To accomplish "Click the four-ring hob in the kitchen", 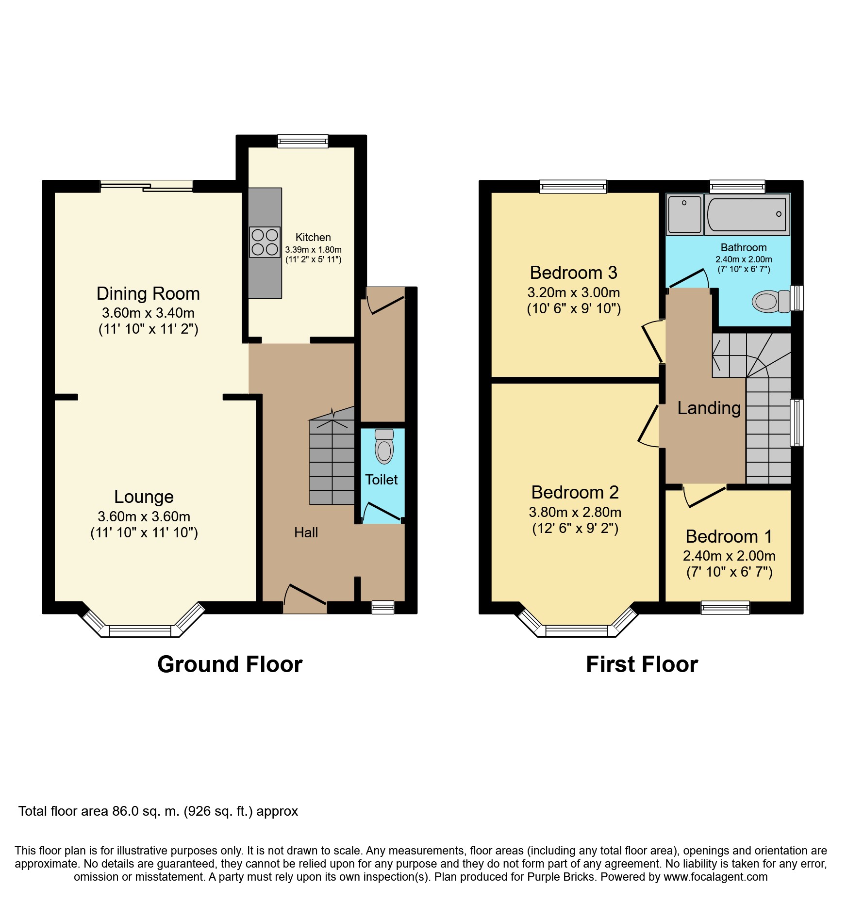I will (x=265, y=242).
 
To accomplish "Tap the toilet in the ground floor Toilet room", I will (x=384, y=446).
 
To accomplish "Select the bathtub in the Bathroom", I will (x=747, y=214).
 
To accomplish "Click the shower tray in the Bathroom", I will (x=684, y=214).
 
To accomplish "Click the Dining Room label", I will (x=148, y=294).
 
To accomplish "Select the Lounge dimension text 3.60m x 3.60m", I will (x=144, y=516).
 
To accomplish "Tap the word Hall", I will (x=306, y=532).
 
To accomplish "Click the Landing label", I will (x=709, y=408).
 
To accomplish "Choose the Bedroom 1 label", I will (x=729, y=536).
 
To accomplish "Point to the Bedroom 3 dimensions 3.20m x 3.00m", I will (x=573, y=292).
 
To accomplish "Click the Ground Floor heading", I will (x=230, y=664).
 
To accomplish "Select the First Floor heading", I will (x=642, y=664).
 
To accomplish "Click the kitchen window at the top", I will (x=302, y=141).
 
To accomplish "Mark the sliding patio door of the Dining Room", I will (x=147, y=186).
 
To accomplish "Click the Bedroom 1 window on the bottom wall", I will (x=725, y=607).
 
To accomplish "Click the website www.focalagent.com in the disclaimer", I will (x=715, y=877).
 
